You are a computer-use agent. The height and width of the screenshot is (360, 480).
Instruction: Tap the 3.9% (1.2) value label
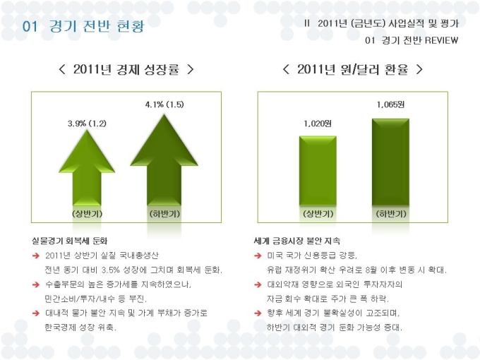click(87, 124)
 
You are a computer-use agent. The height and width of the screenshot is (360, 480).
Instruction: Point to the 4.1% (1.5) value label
click(164, 104)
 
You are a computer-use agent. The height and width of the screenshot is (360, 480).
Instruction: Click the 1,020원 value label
click(318, 124)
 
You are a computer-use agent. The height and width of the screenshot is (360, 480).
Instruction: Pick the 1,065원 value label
click(390, 104)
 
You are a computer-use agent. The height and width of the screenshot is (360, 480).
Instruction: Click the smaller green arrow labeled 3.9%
click(88, 169)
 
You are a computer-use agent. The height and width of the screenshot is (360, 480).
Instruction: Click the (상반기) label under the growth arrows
click(88, 212)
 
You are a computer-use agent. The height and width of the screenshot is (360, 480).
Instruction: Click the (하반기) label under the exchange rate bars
click(390, 212)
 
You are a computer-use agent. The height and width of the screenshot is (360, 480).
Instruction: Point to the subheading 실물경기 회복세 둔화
click(75, 240)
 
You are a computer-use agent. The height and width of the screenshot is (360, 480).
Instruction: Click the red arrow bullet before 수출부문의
click(35, 284)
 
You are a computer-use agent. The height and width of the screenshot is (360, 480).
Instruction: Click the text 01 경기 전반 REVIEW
click(412, 40)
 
